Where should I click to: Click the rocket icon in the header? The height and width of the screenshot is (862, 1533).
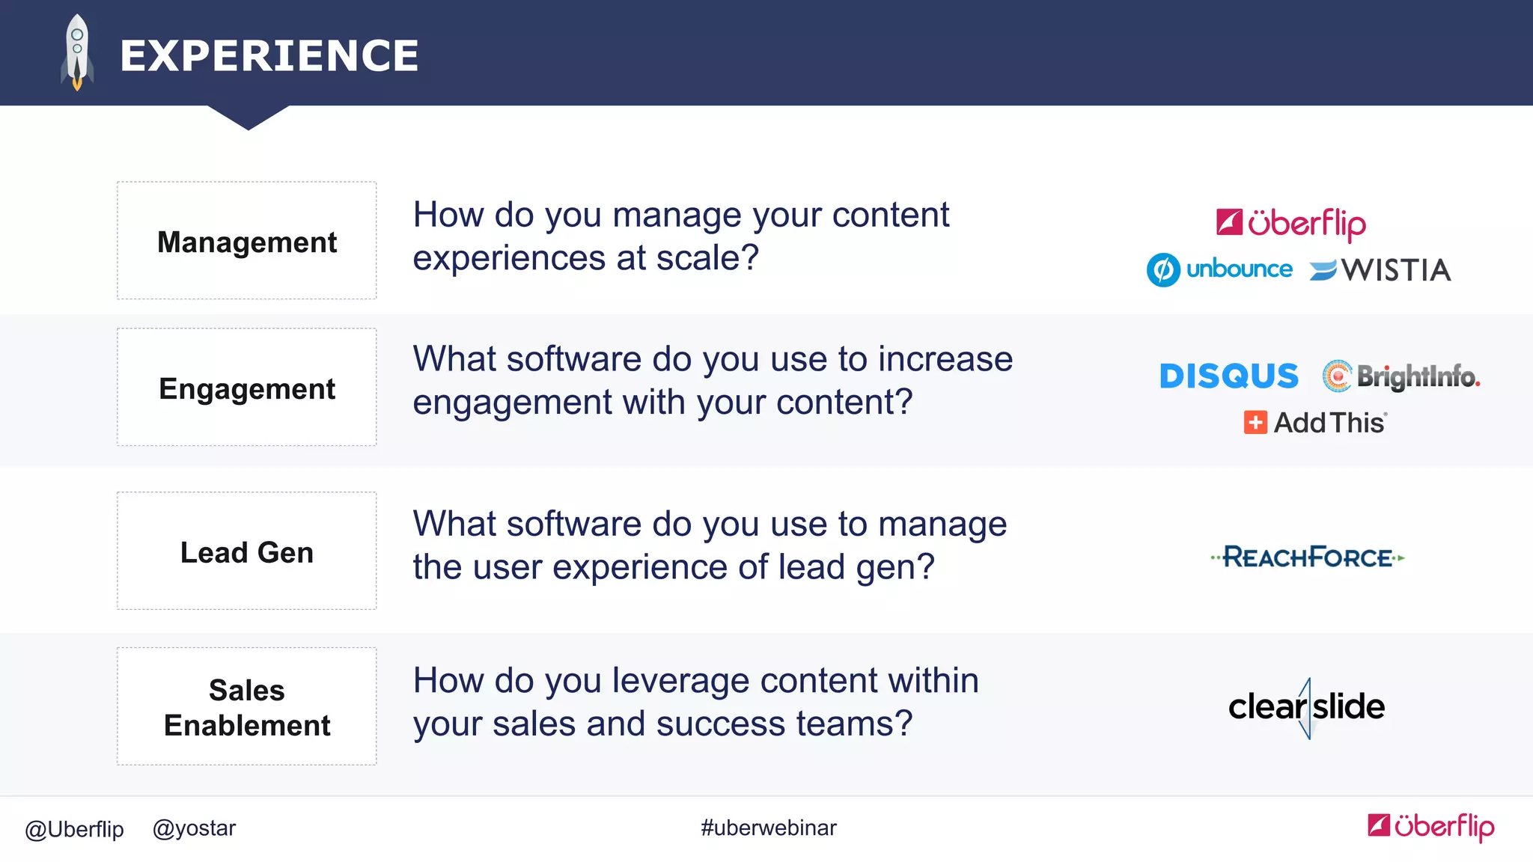(77, 52)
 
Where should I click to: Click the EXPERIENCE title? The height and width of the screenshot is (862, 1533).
(269, 56)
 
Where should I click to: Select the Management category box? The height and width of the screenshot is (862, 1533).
(246, 241)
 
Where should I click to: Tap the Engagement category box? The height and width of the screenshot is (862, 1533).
(246, 388)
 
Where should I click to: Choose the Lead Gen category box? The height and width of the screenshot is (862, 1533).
(246, 551)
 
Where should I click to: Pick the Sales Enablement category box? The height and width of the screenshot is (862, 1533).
(246, 706)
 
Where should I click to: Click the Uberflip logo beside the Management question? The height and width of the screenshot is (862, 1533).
(1291, 223)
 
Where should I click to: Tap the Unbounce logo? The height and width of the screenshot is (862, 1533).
(1220, 269)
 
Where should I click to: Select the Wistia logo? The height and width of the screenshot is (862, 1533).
(1381, 270)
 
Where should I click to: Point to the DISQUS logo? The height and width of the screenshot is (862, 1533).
(1228, 376)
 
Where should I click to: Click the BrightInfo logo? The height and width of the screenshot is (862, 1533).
(1401, 376)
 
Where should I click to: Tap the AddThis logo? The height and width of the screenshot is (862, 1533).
(1315, 423)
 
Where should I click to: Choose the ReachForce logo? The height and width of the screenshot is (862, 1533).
(1308, 557)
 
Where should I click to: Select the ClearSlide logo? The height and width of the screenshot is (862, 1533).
(1306, 707)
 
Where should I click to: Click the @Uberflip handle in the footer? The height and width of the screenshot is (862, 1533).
(74, 829)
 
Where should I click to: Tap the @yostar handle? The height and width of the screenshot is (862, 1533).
(194, 828)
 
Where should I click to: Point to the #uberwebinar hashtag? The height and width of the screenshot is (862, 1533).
(768, 828)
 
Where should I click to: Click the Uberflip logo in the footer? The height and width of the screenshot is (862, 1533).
(1430, 826)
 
